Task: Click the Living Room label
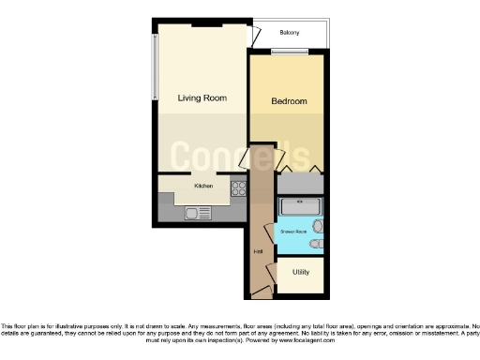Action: coord(202,97)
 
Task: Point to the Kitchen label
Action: coord(203,186)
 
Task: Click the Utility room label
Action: coord(301,272)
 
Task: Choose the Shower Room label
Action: coord(293,229)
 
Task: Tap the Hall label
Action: coord(258,251)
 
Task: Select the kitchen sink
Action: coord(198,214)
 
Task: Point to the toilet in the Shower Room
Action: coord(318,246)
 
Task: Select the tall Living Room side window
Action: coord(157,66)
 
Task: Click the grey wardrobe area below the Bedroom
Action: coord(300,183)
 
